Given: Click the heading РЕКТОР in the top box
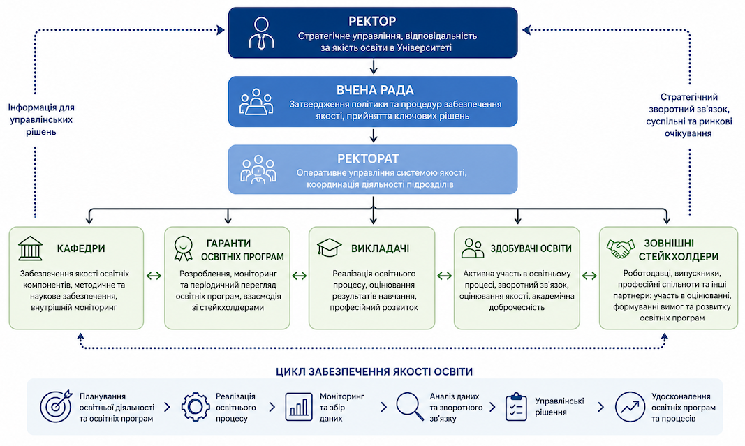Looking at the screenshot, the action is coord(372,22).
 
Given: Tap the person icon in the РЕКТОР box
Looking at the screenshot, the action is coord(261,33).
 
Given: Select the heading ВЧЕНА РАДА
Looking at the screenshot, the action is coord(375,90).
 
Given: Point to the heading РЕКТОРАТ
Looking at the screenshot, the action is coord(368,158).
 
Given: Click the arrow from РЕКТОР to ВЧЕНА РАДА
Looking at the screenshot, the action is coord(374,66).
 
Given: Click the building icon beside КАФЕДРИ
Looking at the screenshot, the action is coord(31,248).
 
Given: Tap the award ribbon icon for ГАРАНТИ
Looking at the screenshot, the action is coord(184,248).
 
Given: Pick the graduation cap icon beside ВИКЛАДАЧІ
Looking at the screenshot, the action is coord(330,248).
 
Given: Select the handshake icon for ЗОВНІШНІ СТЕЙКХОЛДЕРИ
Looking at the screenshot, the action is coord(621,248).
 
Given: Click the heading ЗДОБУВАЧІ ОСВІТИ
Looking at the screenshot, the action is coord(531,248).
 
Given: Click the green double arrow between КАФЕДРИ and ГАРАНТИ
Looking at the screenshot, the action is coord(154,276).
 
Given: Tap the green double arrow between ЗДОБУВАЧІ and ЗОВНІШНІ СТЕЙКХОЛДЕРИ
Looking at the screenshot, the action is coord(589,276).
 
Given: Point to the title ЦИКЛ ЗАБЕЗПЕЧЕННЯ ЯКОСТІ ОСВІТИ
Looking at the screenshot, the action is coord(374,371).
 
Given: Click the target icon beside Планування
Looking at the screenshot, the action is coord(56,406).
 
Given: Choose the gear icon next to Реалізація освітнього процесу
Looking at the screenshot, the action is coord(196,407).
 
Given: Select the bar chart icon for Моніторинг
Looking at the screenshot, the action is coord(299,407).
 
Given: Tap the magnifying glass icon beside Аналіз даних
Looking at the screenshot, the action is coord(410,407).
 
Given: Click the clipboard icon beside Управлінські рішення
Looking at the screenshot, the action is coord(516,407).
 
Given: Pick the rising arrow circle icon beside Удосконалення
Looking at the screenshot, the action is coord(630,407).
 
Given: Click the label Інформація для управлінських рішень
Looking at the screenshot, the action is coord(41,119).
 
